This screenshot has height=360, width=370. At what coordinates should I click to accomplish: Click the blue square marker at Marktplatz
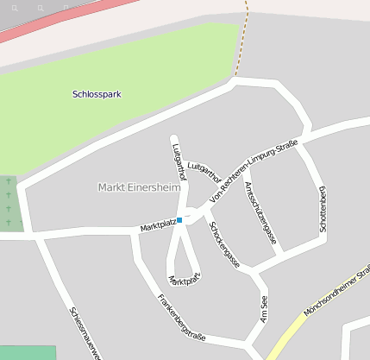click(x=179, y=220)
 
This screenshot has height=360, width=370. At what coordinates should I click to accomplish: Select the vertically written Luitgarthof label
click(x=180, y=161)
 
